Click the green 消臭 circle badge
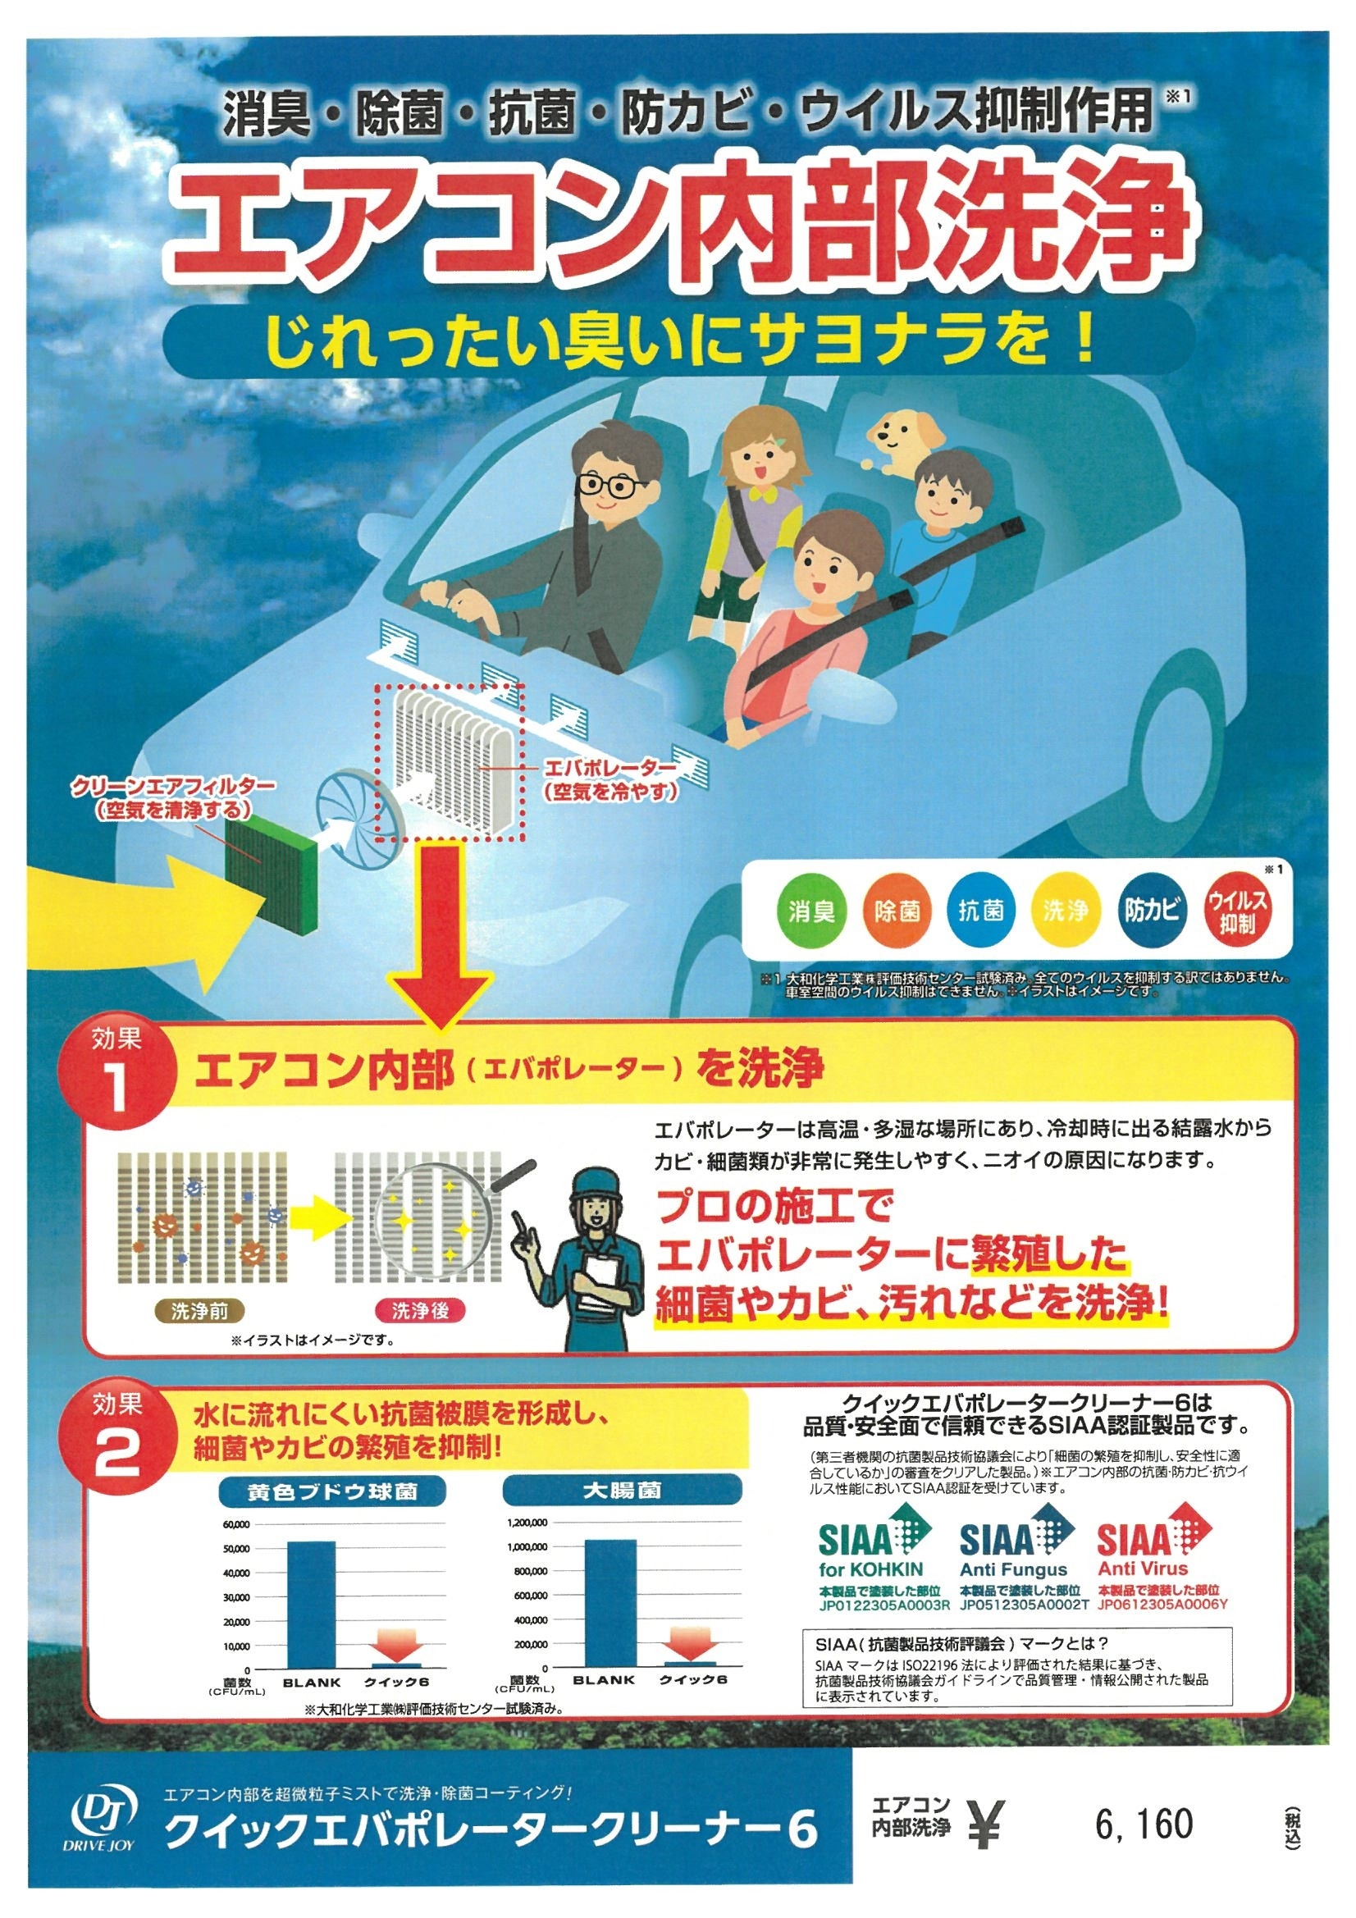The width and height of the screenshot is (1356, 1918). [x=810, y=911]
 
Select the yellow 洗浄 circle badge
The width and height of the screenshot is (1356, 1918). [x=1065, y=911]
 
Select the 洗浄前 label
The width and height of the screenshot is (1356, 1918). [x=199, y=1311]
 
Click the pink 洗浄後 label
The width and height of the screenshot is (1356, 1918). [x=419, y=1311]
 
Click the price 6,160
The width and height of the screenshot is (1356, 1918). [x=1144, y=1824]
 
